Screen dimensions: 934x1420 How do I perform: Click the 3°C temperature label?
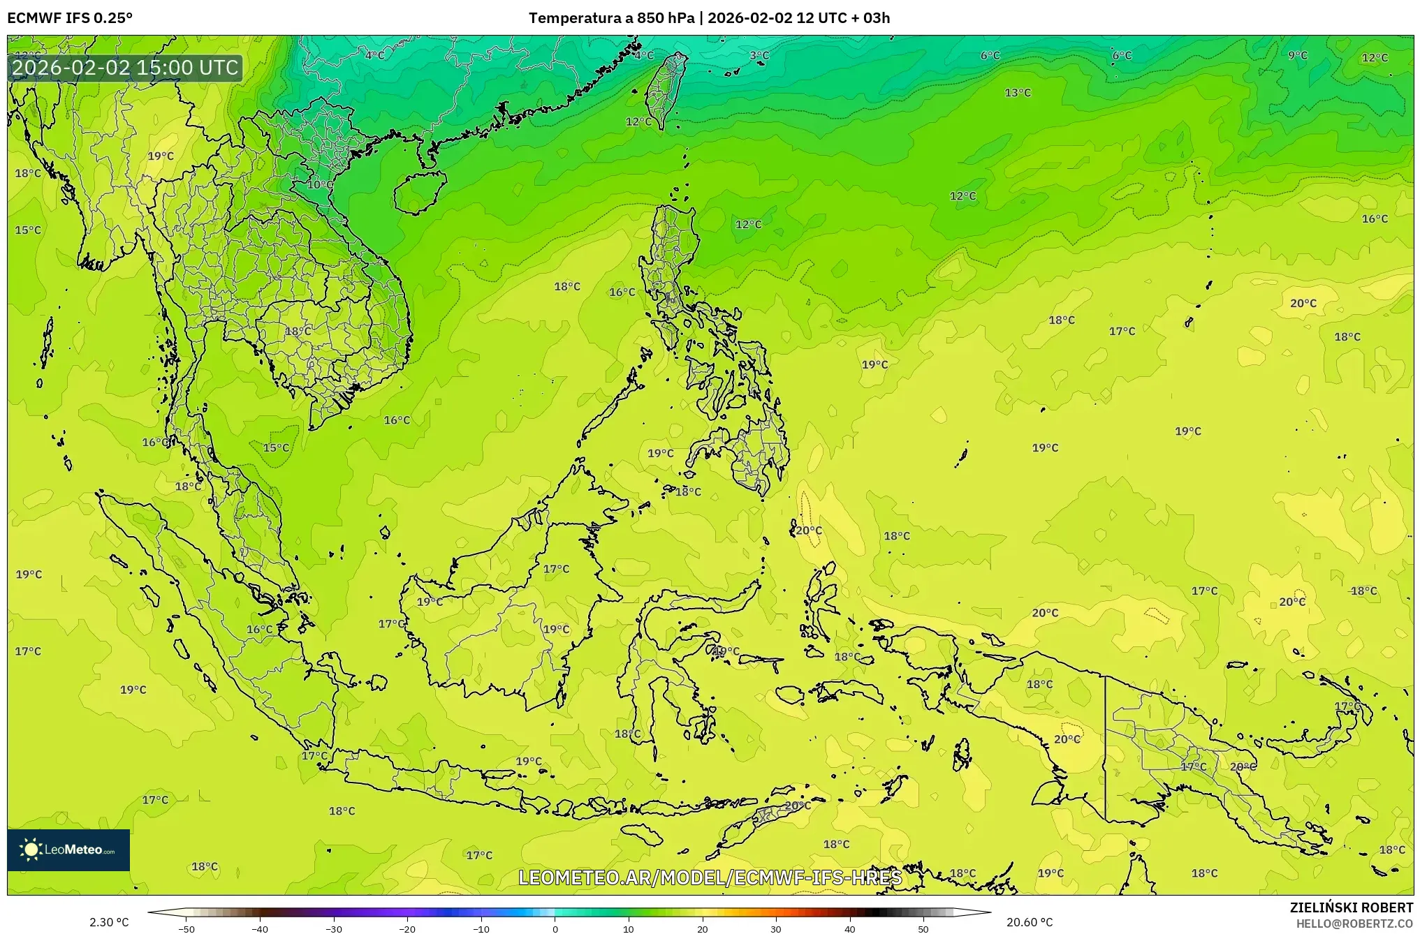[x=759, y=56]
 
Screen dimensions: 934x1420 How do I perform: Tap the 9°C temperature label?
[x=1297, y=56]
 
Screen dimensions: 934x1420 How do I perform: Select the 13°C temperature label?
[x=1017, y=93]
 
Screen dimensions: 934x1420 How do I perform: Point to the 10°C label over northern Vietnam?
[x=320, y=185]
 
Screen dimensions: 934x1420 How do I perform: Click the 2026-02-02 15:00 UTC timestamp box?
[x=125, y=68]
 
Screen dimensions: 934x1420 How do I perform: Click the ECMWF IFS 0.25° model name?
[x=70, y=18]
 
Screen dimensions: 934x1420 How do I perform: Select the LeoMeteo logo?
[x=68, y=850]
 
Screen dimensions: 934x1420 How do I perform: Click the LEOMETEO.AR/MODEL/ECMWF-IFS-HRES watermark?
[x=710, y=877]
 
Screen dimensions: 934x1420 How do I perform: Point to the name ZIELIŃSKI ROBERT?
[x=1351, y=907]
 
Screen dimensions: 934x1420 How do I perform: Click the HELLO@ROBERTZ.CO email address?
[x=1354, y=924]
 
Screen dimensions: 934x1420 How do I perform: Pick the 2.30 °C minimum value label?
[x=109, y=922]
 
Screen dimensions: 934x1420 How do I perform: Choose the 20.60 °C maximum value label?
[x=1029, y=922]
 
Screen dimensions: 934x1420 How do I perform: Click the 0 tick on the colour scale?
[x=555, y=929]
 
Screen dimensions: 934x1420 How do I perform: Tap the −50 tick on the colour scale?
[x=186, y=929]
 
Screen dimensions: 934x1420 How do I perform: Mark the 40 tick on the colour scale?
[x=849, y=929]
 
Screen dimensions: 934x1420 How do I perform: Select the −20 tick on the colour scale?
[x=407, y=929]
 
